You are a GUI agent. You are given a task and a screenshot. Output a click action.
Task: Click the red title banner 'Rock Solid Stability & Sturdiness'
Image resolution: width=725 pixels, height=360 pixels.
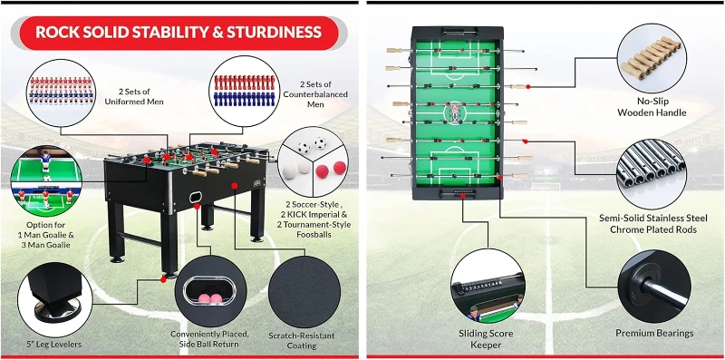coord(178,33)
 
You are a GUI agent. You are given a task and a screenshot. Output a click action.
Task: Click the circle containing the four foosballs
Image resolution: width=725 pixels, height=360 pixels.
coord(309,160)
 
